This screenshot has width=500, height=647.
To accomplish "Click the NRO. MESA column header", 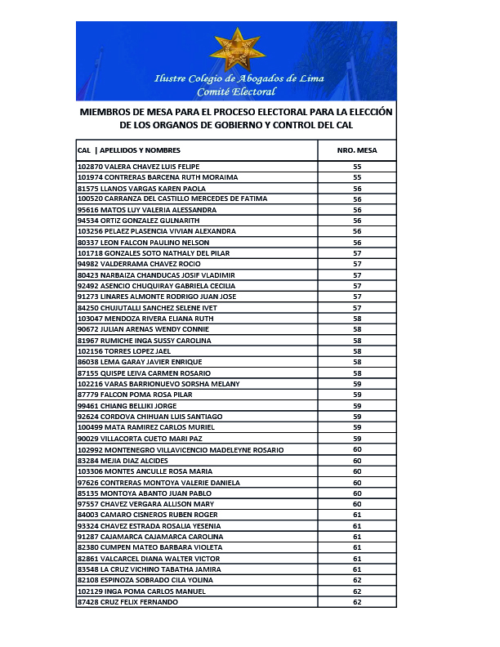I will [x=357, y=150].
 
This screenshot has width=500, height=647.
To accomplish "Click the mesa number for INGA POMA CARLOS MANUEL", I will [x=357, y=591].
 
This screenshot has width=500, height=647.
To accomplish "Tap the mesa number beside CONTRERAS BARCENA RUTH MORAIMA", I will [x=357, y=177].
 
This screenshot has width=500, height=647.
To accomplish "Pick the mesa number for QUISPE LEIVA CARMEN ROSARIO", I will [x=357, y=373].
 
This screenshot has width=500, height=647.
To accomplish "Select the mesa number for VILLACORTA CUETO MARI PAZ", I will [x=357, y=439].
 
